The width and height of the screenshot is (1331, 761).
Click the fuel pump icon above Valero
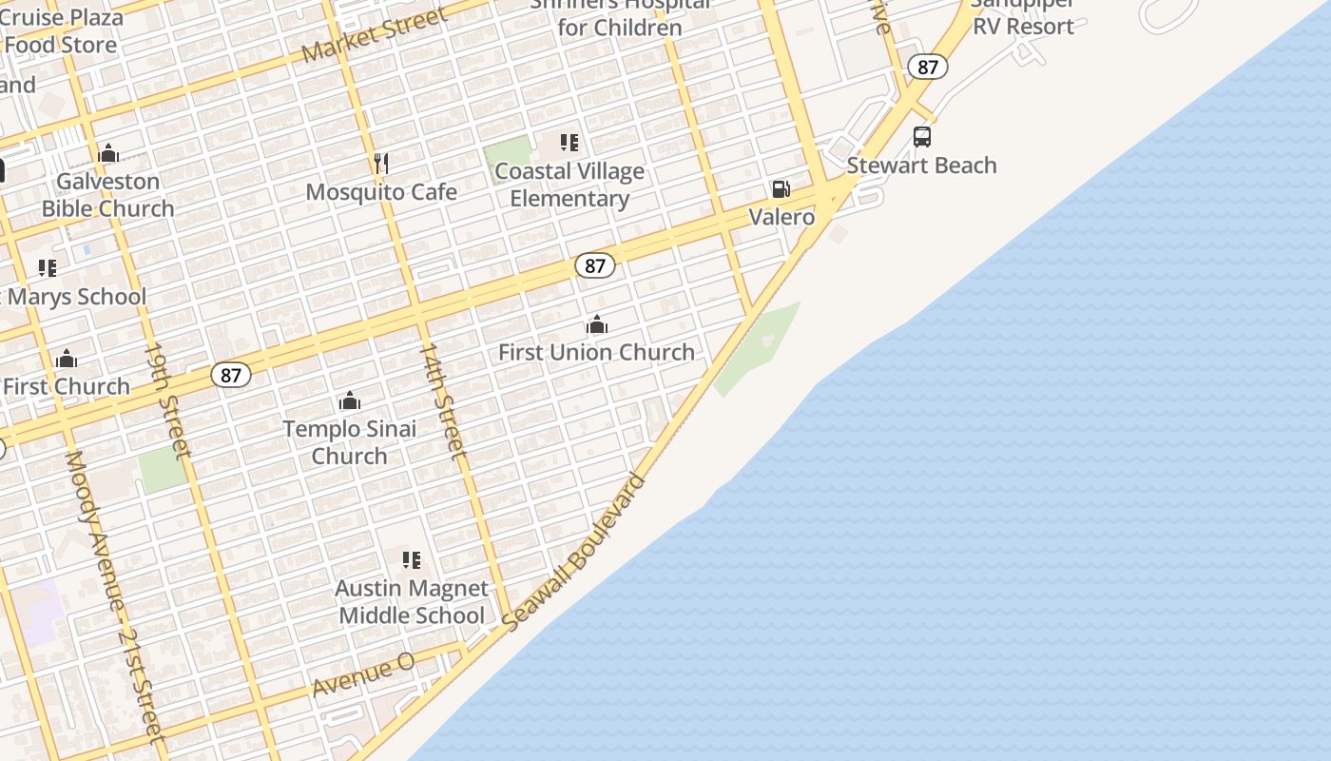(781, 189)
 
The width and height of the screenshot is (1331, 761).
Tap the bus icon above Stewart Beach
(922, 137)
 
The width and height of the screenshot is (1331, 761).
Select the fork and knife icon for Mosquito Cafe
(381, 164)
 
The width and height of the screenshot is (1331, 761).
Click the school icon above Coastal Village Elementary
(569, 144)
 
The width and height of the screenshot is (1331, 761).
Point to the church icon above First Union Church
(597, 325)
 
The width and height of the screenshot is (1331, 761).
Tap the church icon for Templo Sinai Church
(350, 400)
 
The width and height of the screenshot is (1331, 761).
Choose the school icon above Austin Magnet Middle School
(412, 560)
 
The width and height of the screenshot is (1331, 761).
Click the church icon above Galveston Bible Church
(108, 153)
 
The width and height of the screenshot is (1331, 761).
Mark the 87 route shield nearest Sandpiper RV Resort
(928, 67)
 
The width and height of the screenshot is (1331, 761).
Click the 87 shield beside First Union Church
(595, 266)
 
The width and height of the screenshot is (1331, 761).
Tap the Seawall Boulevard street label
(573, 552)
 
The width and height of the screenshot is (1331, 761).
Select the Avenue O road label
(363, 673)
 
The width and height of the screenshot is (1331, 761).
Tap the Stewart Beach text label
(921, 166)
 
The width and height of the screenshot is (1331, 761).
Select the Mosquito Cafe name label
(381, 192)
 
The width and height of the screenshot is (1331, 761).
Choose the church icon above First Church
(67, 359)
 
